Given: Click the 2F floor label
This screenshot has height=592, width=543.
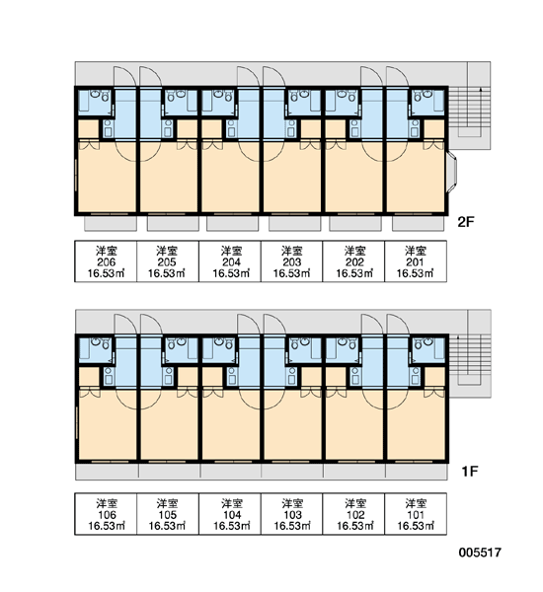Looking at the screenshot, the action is pos(465,222).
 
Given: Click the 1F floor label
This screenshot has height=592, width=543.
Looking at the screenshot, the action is pos(469,471).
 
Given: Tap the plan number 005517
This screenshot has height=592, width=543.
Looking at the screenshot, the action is pos(480,553).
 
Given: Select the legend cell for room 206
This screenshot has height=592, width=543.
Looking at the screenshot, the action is pos(106,261).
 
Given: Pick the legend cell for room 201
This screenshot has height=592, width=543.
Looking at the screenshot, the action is pos(416,261).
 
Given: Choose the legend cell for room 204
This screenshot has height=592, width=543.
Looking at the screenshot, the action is pos(230,261).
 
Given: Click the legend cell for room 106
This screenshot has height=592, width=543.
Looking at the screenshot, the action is pos(106,514).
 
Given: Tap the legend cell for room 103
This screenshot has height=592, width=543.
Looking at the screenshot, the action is pos(291,514).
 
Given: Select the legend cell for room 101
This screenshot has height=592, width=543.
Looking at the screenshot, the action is pos(416,514).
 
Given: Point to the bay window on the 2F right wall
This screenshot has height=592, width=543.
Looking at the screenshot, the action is pos(452,172).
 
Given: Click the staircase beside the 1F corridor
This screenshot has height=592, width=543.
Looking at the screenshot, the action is pos(470,360).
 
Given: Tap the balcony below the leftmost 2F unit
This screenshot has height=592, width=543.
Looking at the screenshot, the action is pos(111,223).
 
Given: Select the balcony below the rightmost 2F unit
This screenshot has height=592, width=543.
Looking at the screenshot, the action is pos(418,223).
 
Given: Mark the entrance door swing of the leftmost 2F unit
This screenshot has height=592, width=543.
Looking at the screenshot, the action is pos(124,77).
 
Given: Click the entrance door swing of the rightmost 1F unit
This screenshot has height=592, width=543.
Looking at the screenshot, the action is pos(398,325).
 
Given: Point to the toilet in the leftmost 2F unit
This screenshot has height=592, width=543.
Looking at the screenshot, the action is pos(105,97).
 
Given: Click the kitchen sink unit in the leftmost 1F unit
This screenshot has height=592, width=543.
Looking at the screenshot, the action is pos(108,376).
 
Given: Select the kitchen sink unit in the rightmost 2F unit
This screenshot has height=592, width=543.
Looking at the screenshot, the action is pos(415,128).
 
